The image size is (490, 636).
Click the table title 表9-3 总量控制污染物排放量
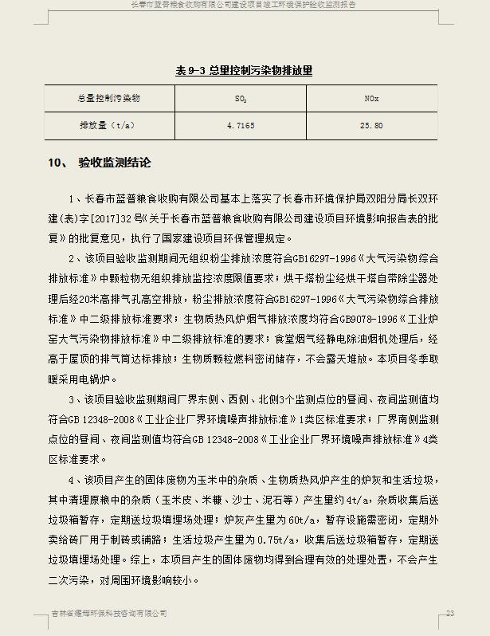pos(244,70)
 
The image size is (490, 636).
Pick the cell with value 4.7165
pos(241,126)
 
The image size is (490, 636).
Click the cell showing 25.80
pos(371,126)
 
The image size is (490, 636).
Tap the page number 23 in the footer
pos(450,613)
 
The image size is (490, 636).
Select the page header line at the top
pos(244,4)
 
